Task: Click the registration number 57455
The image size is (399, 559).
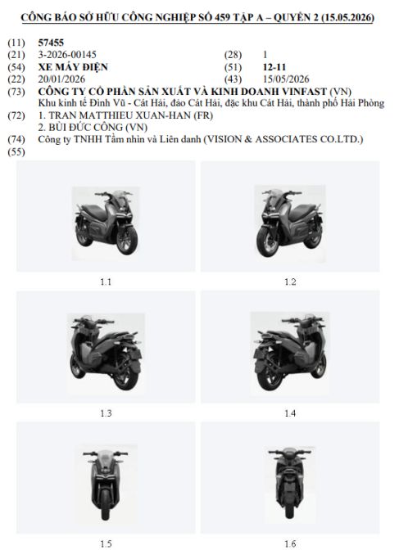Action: (x=51, y=43)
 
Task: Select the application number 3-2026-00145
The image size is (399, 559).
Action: (x=67, y=55)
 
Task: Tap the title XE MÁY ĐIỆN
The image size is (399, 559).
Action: (x=73, y=66)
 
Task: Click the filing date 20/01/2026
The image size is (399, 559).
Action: (x=61, y=79)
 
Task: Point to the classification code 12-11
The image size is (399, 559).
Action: (x=274, y=67)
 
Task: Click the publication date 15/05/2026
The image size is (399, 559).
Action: (x=286, y=79)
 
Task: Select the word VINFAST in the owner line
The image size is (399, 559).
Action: (x=305, y=92)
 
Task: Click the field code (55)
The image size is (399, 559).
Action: (x=16, y=152)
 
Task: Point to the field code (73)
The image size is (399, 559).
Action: (x=16, y=92)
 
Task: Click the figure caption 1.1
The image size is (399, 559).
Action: (x=106, y=282)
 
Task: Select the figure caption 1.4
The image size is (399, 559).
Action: (x=290, y=413)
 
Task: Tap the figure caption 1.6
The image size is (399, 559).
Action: (x=290, y=543)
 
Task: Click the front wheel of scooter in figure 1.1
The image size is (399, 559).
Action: (x=127, y=240)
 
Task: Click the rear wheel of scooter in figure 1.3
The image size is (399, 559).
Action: (x=126, y=376)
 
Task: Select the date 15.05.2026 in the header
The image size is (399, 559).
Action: (x=347, y=17)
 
